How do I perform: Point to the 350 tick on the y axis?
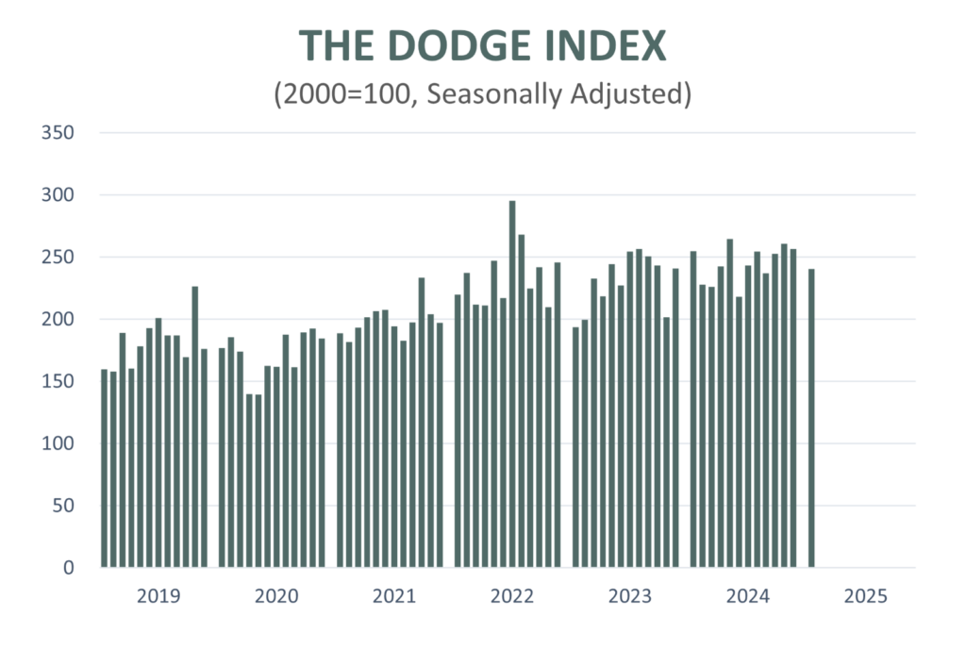coord(58,133)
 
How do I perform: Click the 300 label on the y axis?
coord(58,195)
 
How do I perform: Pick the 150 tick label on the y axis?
coord(58,381)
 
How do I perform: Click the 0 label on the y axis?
coord(69,567)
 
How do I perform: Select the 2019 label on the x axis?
coord(158,596)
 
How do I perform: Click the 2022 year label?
coord(512,596)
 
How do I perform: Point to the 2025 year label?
coord(866,596)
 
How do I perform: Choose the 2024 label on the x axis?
coord(748,596)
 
